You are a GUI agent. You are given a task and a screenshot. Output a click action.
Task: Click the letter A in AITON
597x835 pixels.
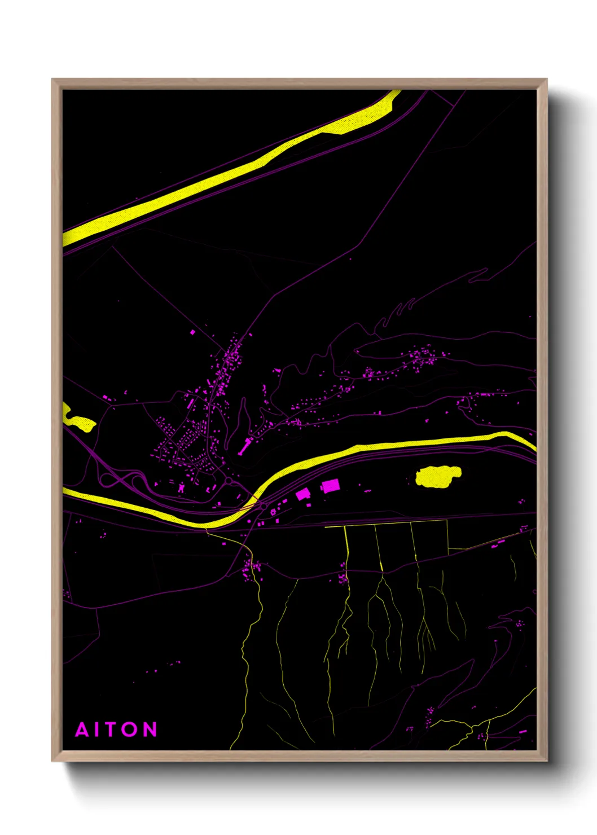tap(82, 729)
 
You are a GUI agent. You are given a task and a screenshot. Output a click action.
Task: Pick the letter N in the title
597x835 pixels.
tap(150, 729)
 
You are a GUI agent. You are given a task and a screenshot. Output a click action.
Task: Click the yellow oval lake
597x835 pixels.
tap(438, 476)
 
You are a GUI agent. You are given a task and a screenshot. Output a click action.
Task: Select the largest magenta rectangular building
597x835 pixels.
tap(331, 486)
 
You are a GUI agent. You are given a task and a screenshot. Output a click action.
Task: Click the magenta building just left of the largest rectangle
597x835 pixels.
tap(304, 494)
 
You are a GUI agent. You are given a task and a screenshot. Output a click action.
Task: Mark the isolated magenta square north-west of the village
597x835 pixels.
tap(192, 332)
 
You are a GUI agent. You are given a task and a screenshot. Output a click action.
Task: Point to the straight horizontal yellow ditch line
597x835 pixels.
tap(387, 526)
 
